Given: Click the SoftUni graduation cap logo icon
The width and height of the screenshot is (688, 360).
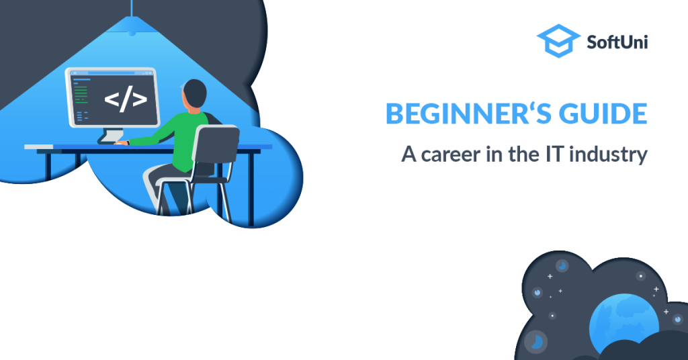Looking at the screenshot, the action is (558, 41).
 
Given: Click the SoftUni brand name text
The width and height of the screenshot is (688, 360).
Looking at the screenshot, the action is (617, 42).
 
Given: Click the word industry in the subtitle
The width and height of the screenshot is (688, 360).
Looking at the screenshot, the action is (608, 154).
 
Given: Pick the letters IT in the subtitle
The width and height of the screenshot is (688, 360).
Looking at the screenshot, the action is (554, 154).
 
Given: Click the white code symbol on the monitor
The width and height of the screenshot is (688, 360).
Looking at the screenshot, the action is (126, 99).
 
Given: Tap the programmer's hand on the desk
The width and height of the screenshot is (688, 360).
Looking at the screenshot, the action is (121, 142).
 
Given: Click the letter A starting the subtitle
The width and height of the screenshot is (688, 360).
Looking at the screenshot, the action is (408, 154).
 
